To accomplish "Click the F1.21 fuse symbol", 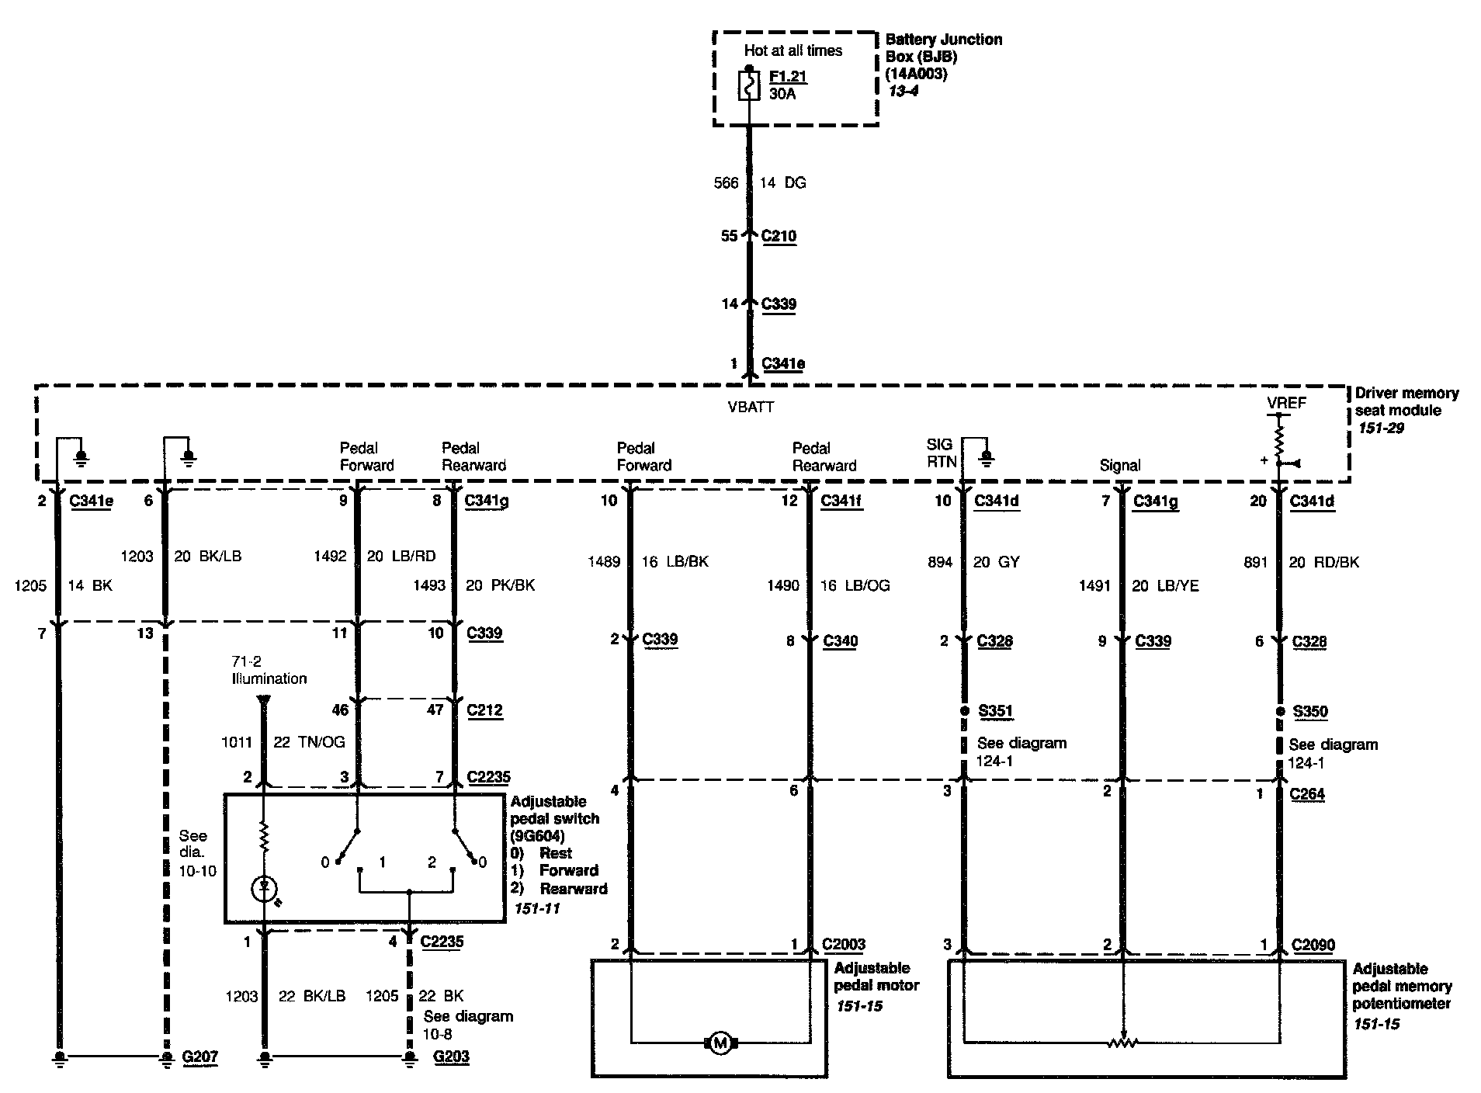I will pos(749,85).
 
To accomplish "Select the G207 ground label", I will pos(200,1057).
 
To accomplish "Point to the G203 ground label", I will pos(451,1057).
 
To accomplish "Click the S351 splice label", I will pos(996,711).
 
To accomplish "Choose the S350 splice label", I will pos(1310,711).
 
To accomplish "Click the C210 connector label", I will pos(779,236).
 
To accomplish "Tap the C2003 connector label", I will pos(844,945).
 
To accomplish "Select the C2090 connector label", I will pos(1313,945).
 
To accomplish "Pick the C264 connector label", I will pos(1308,794).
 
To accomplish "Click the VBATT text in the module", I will pos(751,407).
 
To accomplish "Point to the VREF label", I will pos(1286,403).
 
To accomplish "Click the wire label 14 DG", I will pos(782,183).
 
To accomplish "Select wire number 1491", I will pos(1094,585).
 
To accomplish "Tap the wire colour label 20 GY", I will pos(997,562).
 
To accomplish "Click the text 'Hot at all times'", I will pos(793,51).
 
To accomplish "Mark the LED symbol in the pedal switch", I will pos(265,887).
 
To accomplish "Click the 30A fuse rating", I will pos(782,94).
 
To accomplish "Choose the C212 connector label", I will pos(484,710).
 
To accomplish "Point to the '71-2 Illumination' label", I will pos(269,670).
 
